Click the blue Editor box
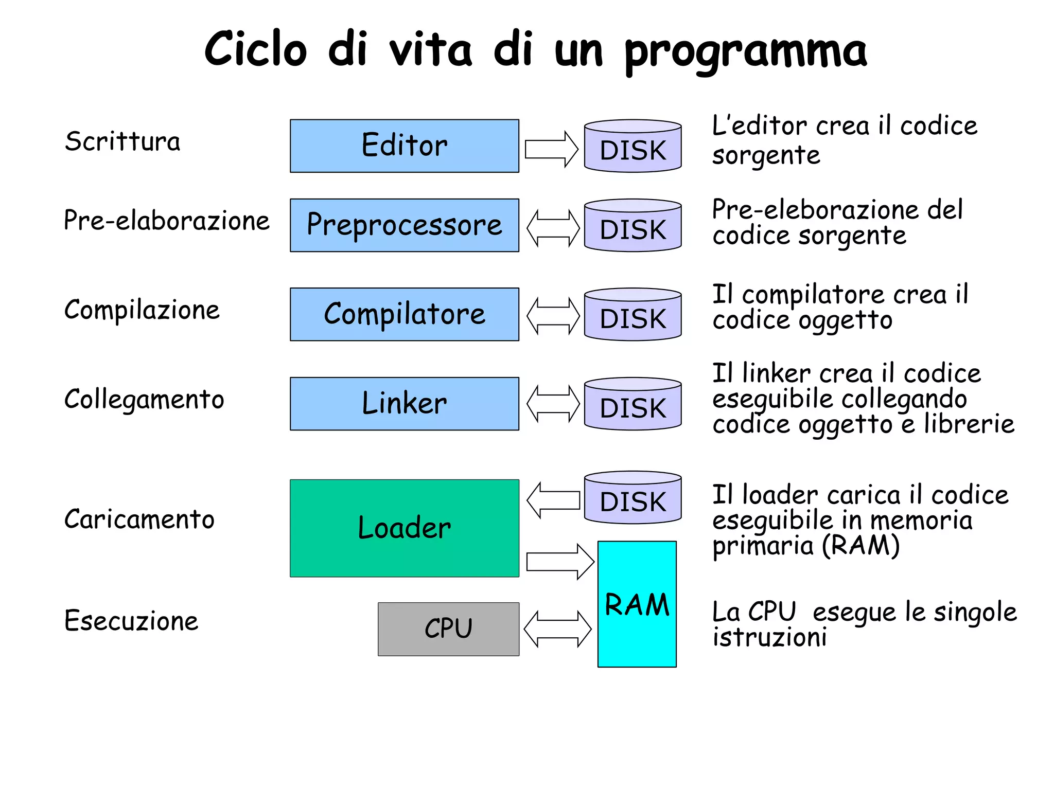coord(404,146)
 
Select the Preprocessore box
coord(404,225)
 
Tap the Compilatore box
coord(404,314)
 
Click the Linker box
coord(404,404)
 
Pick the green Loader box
coord(404,528)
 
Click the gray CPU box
coord(448,629)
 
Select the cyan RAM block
coord(637,604)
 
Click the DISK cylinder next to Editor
coord(633,147)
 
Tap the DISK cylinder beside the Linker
coord(633,405)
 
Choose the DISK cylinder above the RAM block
coord(633,498)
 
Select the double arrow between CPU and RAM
coord(557,629)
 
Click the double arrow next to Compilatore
coord(553,316)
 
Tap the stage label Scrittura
coord(122,141)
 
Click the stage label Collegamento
coord(144,400)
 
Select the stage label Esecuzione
coord(131,620)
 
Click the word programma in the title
coord(746,51)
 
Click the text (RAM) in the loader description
coord(860,545)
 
